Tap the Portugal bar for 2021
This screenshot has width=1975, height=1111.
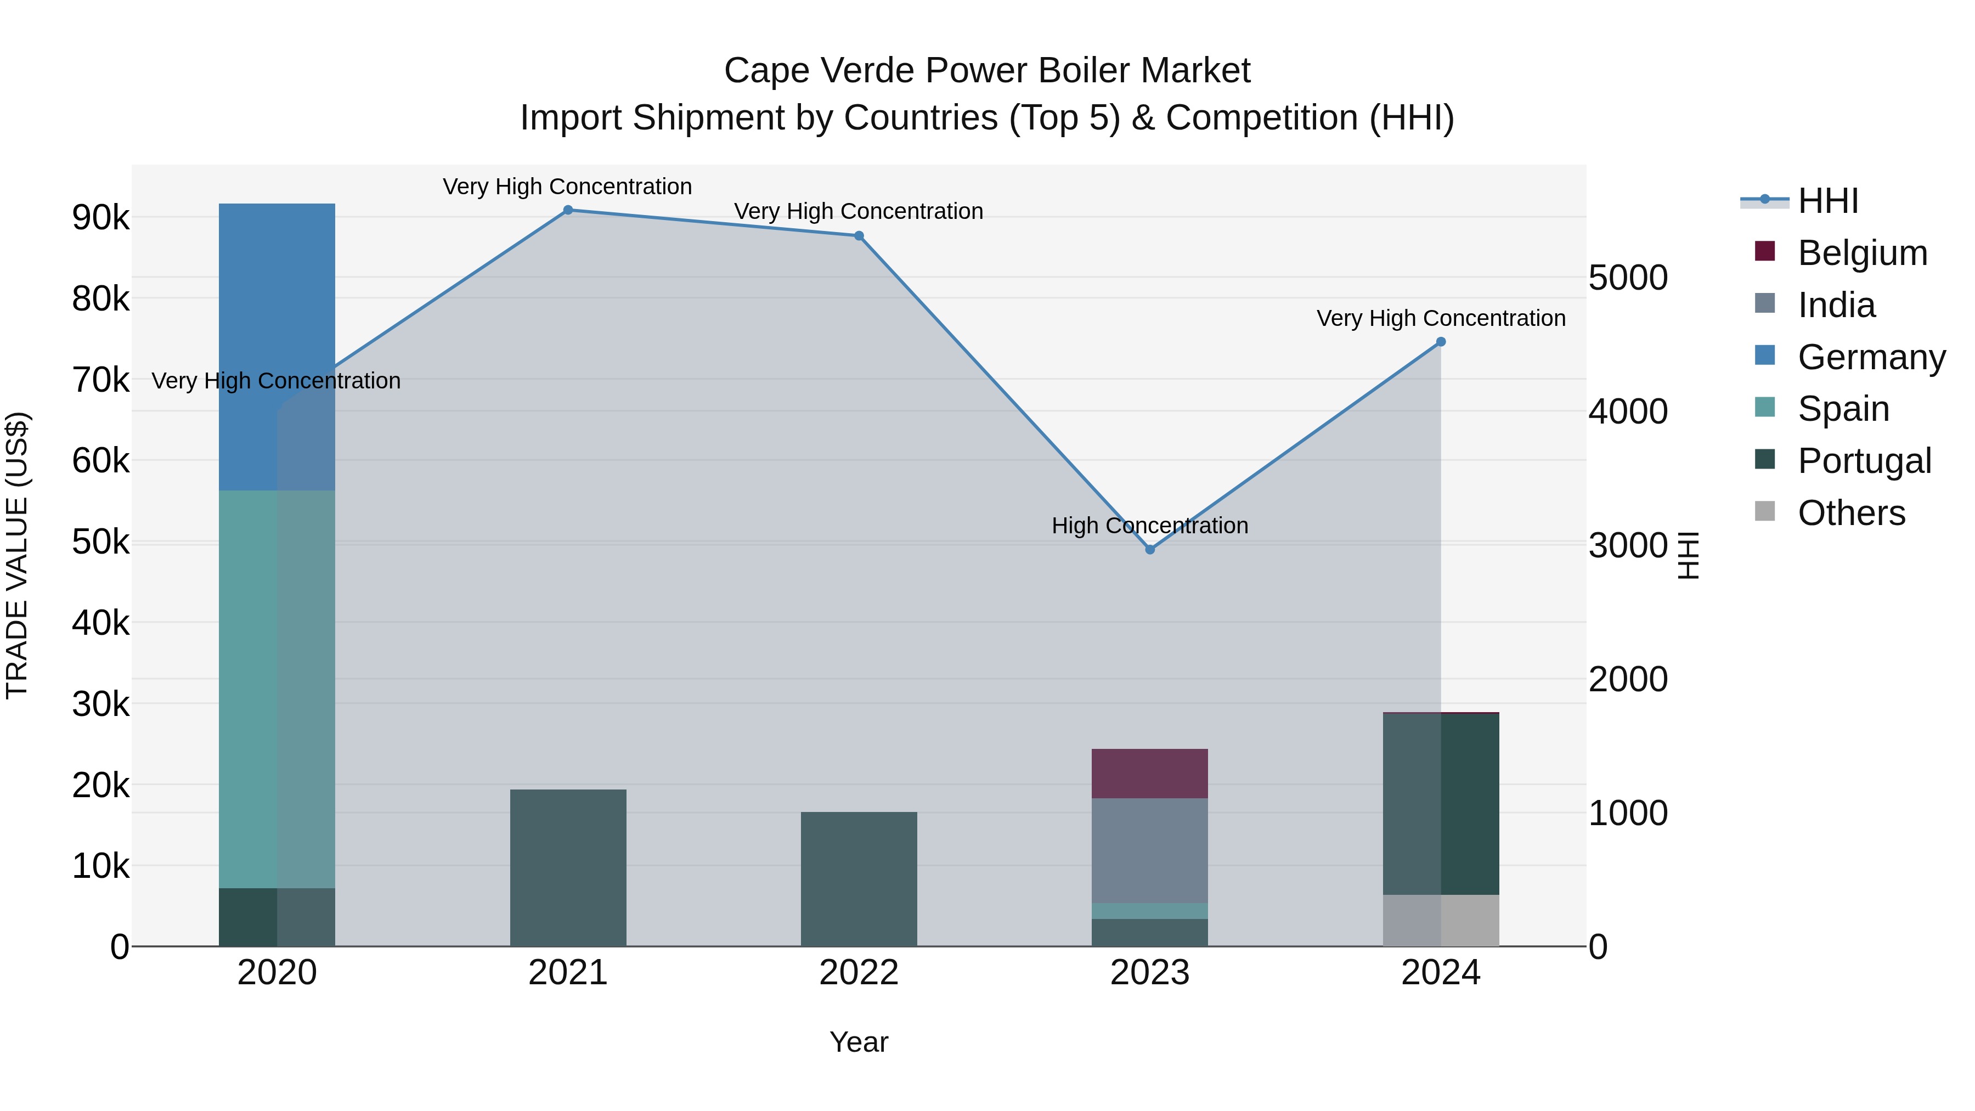coord(568,867)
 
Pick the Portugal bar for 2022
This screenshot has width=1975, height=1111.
coord(859,879)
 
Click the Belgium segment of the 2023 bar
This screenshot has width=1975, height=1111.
coord(1149,773)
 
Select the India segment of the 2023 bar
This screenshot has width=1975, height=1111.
coord(1149,850)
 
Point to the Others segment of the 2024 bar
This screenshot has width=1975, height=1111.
coord(1441,920)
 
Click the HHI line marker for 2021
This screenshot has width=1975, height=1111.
coord(568,210)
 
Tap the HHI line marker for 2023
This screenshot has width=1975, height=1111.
coord(1149,550)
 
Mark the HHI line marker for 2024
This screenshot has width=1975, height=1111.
coord(1441,342)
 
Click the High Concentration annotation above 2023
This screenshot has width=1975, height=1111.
coord(1149,526)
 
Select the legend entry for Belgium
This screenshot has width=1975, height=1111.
coord(1861,253)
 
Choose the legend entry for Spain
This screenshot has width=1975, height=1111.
coord(1843,409)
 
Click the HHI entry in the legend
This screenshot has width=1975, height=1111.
coord(1828,201)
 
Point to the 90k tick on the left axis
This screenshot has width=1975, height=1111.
coord(100,218)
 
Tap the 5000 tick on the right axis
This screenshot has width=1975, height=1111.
coord(1628,278)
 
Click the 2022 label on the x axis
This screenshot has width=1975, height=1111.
coord(859,973)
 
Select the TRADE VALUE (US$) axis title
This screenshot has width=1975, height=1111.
coord(18,555)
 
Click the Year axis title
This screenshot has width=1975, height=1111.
coord(859,1042)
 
